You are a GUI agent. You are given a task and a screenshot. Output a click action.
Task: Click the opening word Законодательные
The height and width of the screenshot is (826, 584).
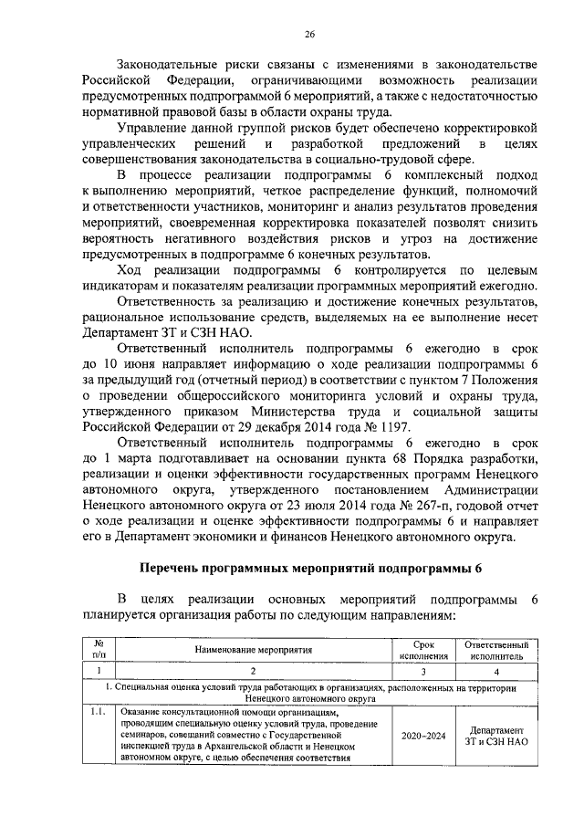(171, 64)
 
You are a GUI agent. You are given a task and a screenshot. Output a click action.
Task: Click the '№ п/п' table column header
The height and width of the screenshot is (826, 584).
(99, 649)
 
